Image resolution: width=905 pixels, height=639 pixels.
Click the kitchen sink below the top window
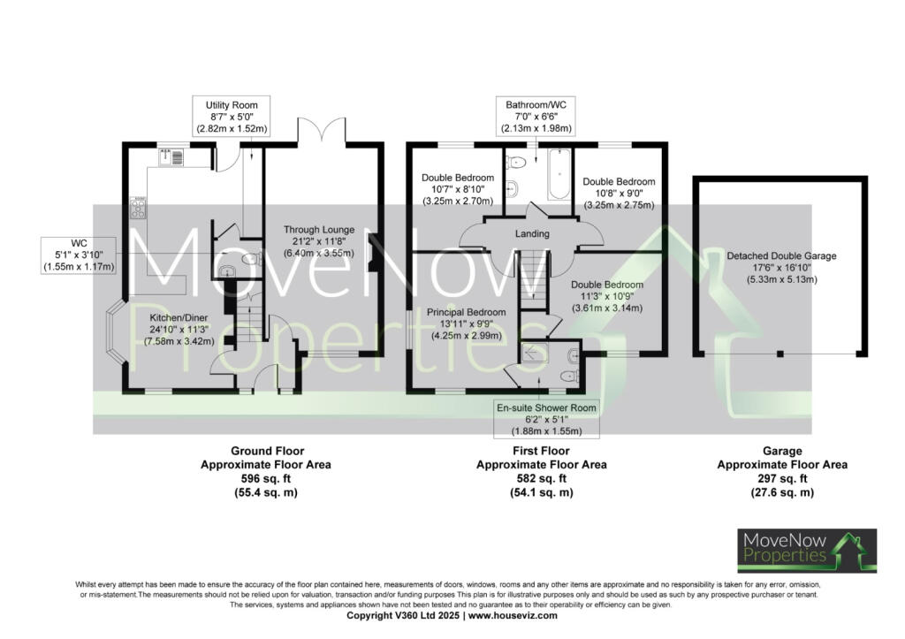[x=171, y=157]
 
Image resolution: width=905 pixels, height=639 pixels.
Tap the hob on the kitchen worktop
[x=139, y=208]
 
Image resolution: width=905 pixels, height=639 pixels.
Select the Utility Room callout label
[x=232, y=117]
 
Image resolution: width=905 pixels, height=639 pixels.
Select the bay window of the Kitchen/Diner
[x=115, y=335]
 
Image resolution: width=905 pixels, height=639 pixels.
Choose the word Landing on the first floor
[x=533, y=234]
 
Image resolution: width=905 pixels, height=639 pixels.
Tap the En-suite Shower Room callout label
[x=546, y=417]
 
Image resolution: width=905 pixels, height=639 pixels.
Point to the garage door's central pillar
[x=780, y=354]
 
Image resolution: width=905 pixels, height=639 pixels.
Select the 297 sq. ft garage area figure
[x=781, y=478]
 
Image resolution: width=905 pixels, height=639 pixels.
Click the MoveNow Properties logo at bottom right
[x=807, y=551]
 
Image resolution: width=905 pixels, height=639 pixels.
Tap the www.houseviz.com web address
[x=513, y=615]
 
